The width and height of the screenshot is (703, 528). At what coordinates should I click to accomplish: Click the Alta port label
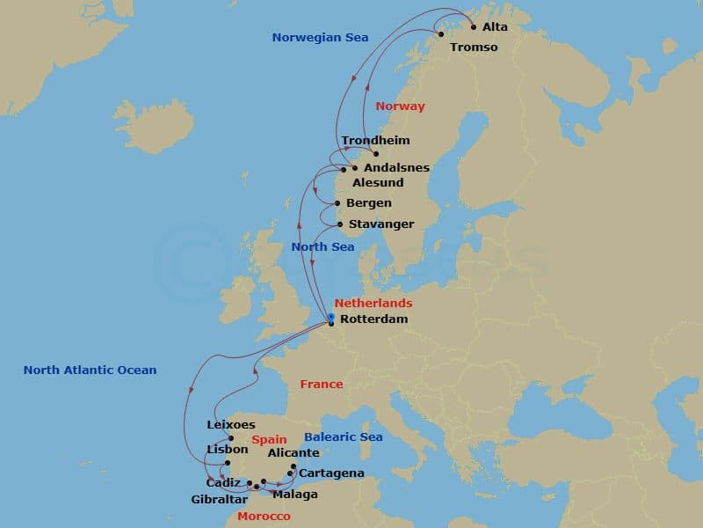495,27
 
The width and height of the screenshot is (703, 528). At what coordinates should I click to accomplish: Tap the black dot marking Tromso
441,35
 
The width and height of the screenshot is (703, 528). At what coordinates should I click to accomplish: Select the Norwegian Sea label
320,37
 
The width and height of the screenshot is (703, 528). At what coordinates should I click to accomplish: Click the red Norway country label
400,106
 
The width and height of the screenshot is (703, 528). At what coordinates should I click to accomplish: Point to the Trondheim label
375,140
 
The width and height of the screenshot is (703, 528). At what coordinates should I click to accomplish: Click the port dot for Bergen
337,203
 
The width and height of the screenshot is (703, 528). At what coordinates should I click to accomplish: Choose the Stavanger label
380,224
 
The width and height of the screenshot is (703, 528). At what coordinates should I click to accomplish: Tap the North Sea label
323,247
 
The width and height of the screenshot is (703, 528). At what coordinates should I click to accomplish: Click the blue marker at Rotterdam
331,318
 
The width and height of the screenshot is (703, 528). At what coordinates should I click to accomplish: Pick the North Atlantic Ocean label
90,370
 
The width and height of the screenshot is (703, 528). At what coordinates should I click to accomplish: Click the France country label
321,384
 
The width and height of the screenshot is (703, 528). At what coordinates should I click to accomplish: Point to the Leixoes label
230,424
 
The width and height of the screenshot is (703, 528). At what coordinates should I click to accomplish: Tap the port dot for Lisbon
227,463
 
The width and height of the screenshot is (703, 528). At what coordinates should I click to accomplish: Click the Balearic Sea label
343,436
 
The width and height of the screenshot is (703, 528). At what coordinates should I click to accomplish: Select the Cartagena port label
331,473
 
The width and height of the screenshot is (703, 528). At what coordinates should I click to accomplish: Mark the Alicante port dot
294,466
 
